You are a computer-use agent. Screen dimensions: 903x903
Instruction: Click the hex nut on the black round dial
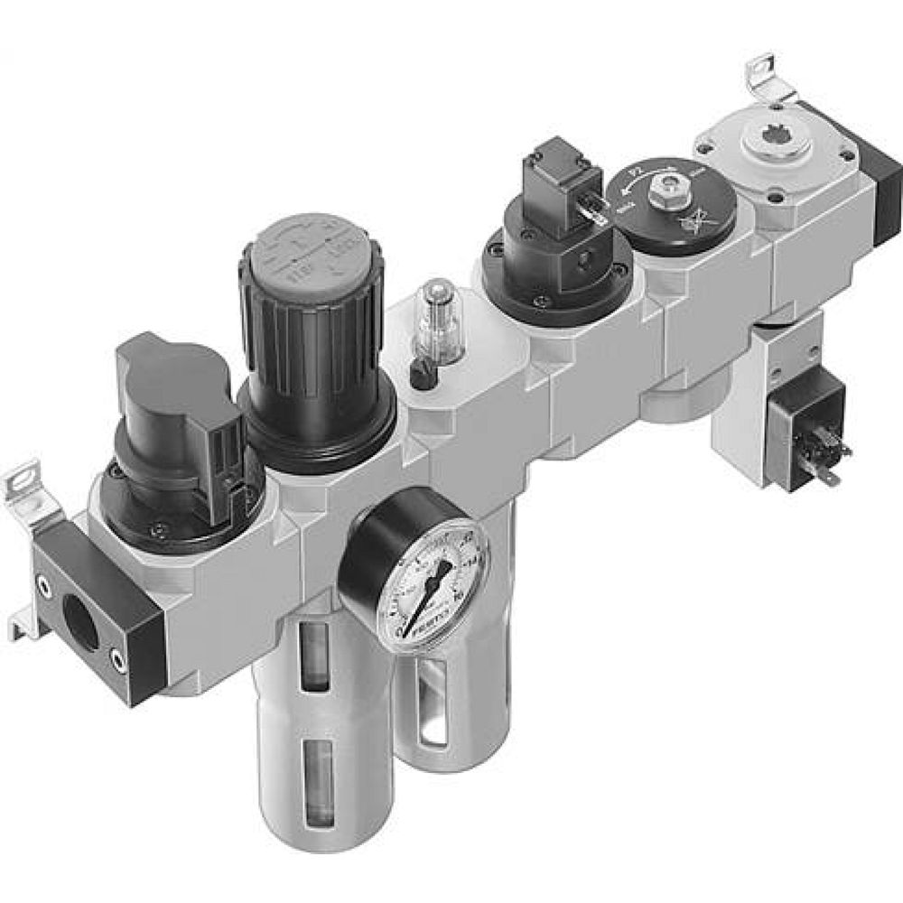click(x=669, y=189)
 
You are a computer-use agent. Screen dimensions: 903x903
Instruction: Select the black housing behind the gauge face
click(x=366, y=551)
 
